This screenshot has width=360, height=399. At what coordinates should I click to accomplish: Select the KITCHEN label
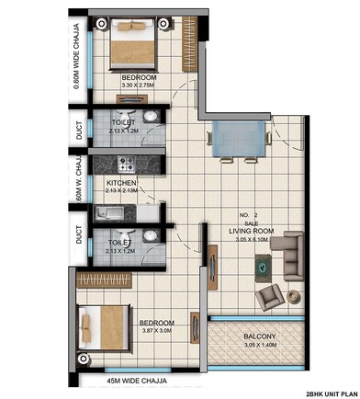[122, 183]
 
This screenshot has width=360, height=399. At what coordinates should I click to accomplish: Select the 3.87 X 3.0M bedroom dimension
[156, 333]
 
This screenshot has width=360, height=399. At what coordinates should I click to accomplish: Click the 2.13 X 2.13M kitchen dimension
[122, 191]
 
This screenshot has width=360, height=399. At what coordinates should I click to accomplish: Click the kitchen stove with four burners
[127, 166]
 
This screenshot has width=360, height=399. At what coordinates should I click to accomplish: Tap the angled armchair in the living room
[271, 296]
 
